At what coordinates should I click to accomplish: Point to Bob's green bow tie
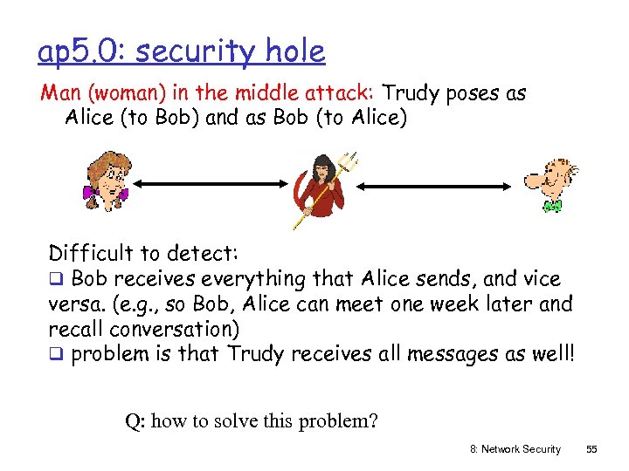pos(551,206)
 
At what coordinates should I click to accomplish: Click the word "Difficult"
pos(91,254)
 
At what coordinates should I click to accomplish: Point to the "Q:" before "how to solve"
pos(135,422)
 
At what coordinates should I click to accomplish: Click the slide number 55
pos(591,449)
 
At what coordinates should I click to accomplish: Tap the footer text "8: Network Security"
pos(515,449)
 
